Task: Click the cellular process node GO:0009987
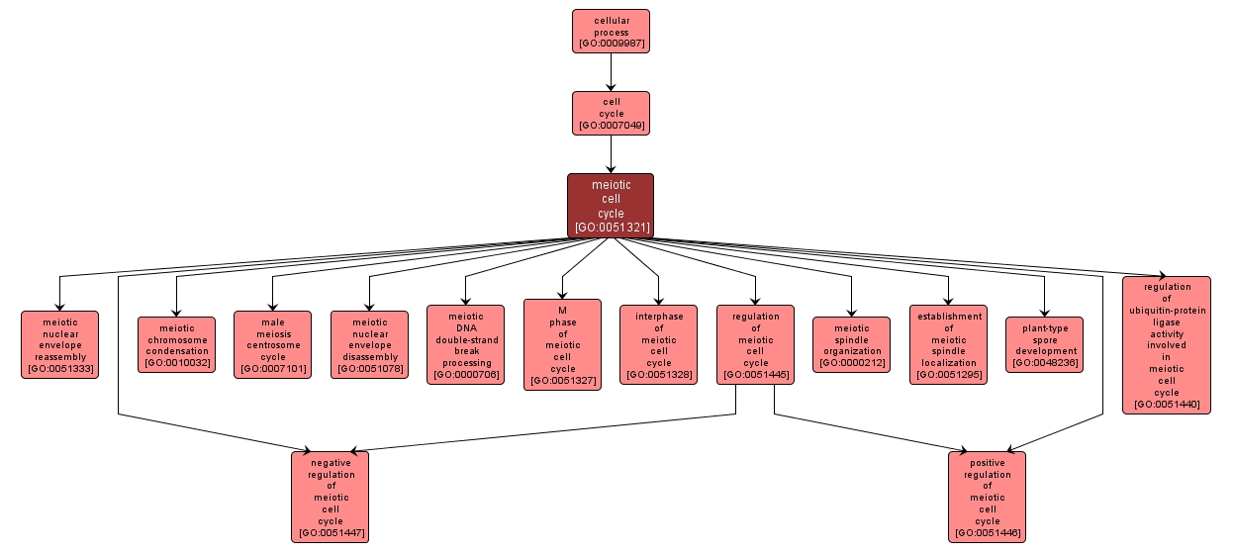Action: click(x=611, y=31)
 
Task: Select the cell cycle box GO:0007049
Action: click(x=611, y=113)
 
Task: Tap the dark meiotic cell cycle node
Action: click(x=611, y=205)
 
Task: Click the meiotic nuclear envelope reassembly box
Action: click(x=59, y=344)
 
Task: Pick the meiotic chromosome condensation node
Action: click(x=176, y=344)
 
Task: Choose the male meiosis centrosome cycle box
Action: click(x=272, y=344)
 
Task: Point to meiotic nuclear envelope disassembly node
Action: click(x=369, y=344)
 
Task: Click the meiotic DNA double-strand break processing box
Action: click(x=465, y=344)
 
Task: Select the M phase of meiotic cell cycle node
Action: click(x=562, y=344)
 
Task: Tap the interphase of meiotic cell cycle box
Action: click(x=658, y=344)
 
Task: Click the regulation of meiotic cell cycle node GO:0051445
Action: click(x=755, y=344)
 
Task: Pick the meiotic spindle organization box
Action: click(x=851, y=344)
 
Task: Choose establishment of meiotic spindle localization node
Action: click(x=948, y=344)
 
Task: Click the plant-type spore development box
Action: click(x=1044, y=344)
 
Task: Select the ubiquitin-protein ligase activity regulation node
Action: click(x=1166, y=344)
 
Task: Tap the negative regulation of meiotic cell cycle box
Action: click(x=330, y=497)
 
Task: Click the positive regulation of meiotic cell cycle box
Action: click(x=987, y=497)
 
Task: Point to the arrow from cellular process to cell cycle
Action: click(x=611, y=71)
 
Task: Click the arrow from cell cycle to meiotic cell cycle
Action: click(x=611, y=153)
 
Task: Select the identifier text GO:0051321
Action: click(x=611, y=228)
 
